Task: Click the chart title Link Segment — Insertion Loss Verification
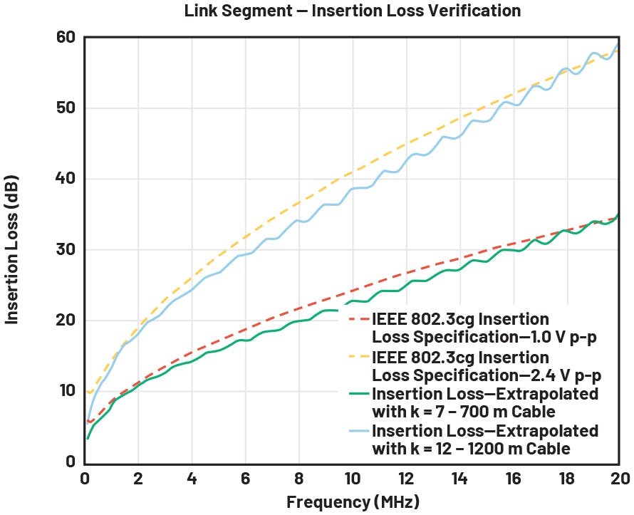[353, 11]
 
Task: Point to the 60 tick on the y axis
[66, 37]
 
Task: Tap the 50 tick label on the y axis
[66, 108]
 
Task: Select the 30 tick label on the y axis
[66, 249]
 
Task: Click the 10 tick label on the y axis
[66, 390]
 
